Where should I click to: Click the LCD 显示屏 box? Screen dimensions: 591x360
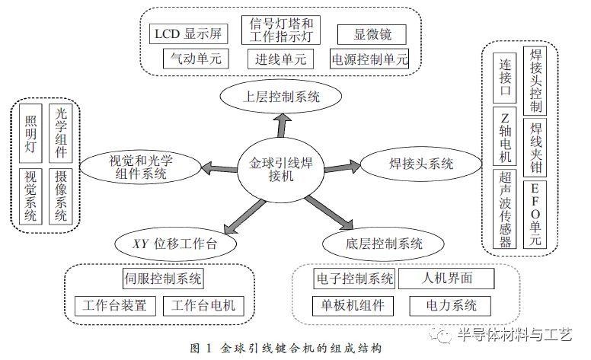(x=188, y=34)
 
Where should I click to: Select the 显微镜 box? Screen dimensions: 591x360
(x=372, y=35)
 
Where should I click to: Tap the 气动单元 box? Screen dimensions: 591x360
(x=196, y=59)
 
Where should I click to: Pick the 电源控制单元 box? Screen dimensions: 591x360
(x=369, y=59)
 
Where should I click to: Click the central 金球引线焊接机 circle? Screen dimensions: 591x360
(x=281, y=170)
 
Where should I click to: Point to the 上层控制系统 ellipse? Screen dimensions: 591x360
(x=281, y=97)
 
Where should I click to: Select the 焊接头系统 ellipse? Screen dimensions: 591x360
(x=421, y=164)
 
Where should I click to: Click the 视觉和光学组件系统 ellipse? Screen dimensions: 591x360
(x=141, y=167)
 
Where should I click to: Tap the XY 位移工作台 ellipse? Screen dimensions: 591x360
(x=175, y=244)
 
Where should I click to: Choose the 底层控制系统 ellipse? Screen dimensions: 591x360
(x=383, y=244)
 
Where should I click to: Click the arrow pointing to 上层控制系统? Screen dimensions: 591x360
(x=283, y=126)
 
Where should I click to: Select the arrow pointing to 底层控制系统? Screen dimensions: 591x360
(x=329, y=213)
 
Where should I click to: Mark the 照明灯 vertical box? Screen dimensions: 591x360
(x=30, y=133)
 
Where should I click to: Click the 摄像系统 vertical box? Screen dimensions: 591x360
(x=61, y=196)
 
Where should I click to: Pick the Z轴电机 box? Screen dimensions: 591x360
(x=505, y=136)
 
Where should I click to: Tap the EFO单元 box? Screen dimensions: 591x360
(x=535, y=215)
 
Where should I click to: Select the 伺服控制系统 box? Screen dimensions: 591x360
(x=163, y=279)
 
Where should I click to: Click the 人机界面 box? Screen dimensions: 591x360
(x=446, y=279)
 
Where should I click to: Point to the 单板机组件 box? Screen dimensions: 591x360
(x=353, y=306)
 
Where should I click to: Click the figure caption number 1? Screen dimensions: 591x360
(x=209, y=349)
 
